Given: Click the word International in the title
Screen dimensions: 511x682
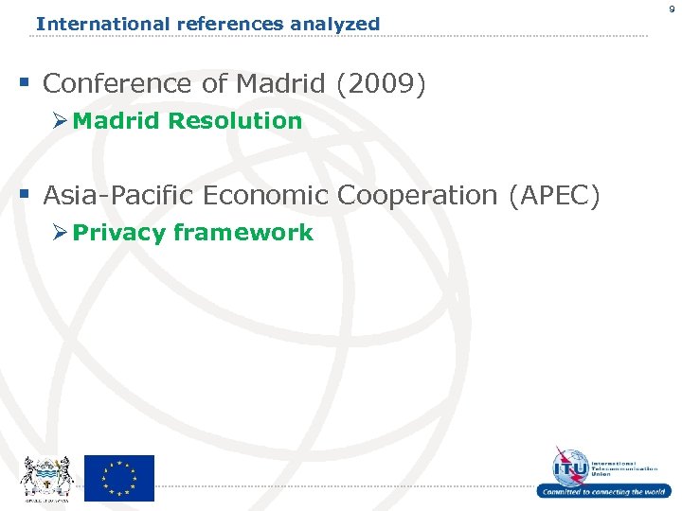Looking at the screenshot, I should tap(88, 24).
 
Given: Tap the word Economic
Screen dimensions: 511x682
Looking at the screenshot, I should tap(262, 196).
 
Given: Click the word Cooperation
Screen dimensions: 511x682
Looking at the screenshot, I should tap(418, 196).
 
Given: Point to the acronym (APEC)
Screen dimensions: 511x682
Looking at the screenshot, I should tap(554, 196).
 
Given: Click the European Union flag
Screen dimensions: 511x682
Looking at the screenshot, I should tap(119, 478).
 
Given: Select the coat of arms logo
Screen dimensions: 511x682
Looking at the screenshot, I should tap(45, 477).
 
